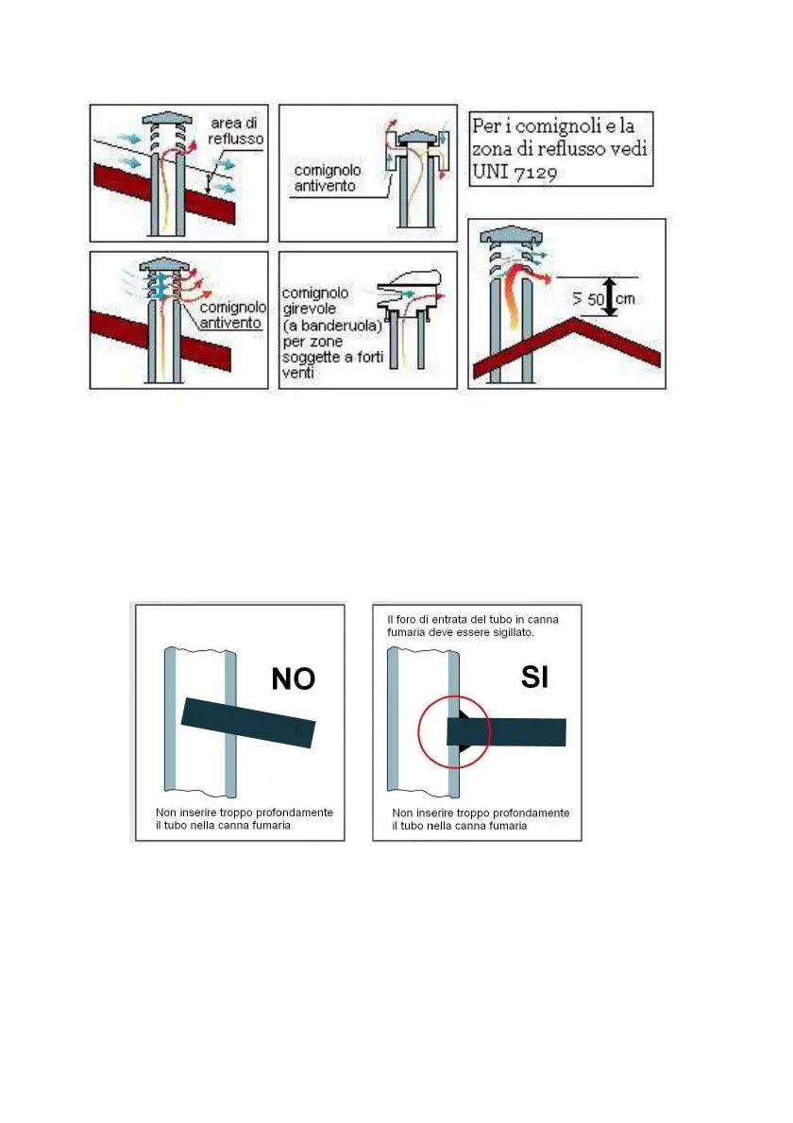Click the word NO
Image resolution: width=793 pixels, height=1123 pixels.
tap(293, 679)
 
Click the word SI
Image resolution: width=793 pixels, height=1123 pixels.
tap(534, 677)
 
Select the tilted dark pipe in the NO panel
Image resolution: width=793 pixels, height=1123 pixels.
tap(248, 723)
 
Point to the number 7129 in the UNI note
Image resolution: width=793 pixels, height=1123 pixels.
tap(535, 173)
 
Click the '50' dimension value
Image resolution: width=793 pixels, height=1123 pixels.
tap(596, 299)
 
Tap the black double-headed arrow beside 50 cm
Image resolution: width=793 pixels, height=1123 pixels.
tap(610, 296)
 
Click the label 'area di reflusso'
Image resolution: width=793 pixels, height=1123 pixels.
tap(235, 131)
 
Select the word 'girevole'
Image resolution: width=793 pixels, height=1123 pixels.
tap(309, 310)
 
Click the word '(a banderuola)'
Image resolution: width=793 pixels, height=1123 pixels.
tap(332, 326)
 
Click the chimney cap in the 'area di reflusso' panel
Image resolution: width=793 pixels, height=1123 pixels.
tap(167, 119)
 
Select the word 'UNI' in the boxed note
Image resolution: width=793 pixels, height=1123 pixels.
tap(490, 172)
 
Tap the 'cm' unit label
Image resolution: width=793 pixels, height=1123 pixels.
tap(625, 298)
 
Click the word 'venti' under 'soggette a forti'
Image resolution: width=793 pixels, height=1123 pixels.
tap(298, 373)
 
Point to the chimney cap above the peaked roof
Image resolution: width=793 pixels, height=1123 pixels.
tap(510, 235)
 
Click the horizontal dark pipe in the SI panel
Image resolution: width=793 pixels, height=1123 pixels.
tap(506, 732)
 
